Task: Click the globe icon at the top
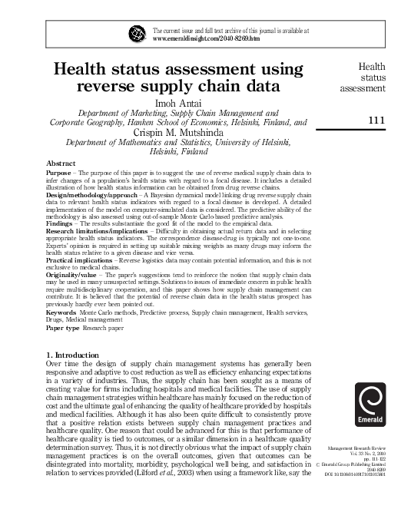coord(138,34)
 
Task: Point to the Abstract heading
coord(61,164)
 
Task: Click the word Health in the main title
coord(90,67)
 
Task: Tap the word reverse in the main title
coord(119,84)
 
